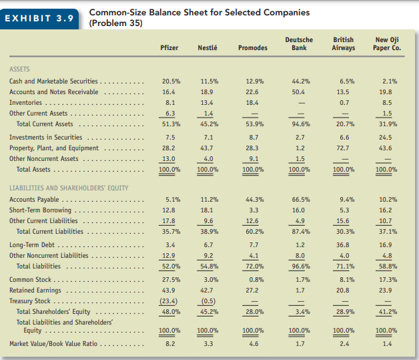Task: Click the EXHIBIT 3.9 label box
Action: (x=39, y=17)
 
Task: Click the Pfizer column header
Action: (x=169, y=48)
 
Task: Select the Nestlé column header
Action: (x=208, y=48)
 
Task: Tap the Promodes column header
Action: (x=252, y=48)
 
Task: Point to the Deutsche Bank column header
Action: (x=298, y=44)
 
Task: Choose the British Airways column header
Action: (x=343, y=44)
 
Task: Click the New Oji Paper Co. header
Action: (x=388, y=44)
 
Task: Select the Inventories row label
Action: (x=26, y=103)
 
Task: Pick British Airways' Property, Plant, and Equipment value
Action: (x=343, y=148)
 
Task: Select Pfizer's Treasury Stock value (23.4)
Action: (x=169, y=301)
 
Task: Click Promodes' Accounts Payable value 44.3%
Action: (x=252, y=199)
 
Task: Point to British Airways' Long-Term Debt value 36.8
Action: (x=343, y=245)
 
